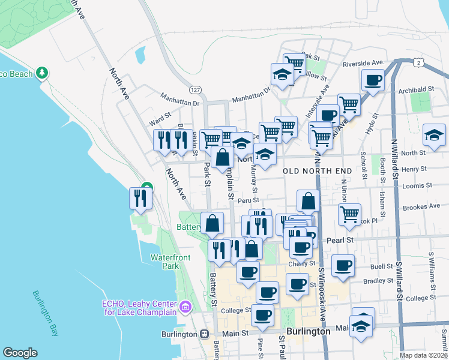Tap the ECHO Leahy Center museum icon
(185, 307)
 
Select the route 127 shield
(195, 89)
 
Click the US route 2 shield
(419, 62)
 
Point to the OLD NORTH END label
(317, 171)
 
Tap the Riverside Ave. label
(363, 64)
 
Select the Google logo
(20, 353)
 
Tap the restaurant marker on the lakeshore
(140, 198)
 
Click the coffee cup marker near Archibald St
(373, 80)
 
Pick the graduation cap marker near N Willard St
(434, 135)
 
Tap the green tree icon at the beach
(41, 73)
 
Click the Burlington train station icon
(205, 334)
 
